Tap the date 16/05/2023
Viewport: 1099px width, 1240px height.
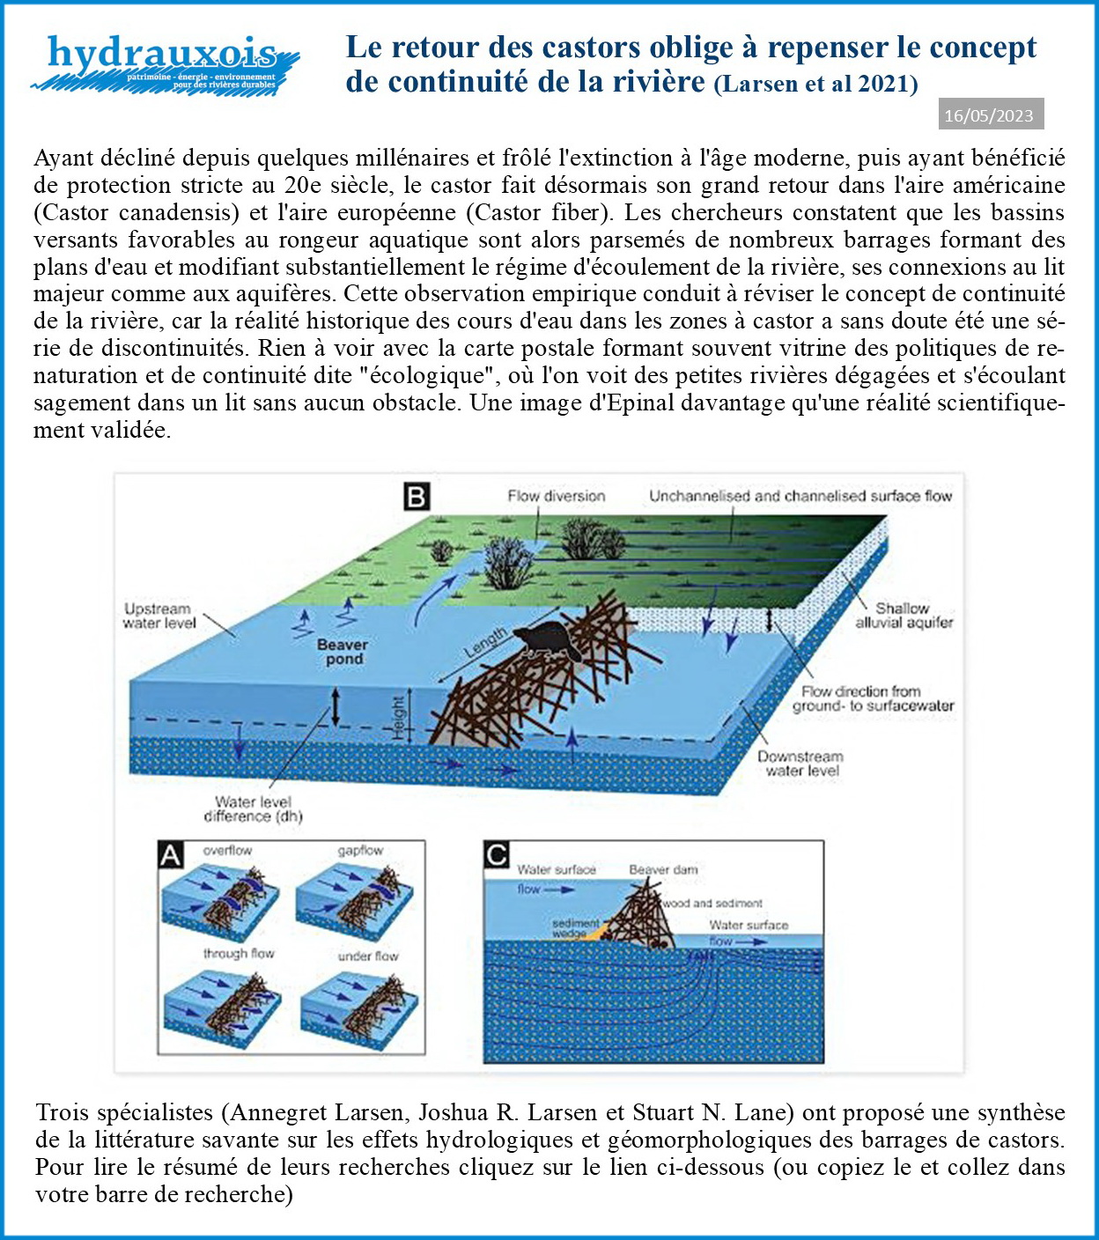click(x=989, y=115)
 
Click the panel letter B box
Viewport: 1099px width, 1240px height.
click(x=416, y=497)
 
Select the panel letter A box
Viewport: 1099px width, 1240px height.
click(x=170, y=853)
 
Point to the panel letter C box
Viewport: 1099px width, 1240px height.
click(x=498, y=853)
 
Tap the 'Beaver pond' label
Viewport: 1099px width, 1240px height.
click(x=343, y=652)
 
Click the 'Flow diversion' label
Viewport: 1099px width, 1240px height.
click(x=556, y=496)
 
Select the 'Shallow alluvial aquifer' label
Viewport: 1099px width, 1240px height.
click(x=904, y=615)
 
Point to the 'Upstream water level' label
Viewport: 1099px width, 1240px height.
click(x=158, y=616)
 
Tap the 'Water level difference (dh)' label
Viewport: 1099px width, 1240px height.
click(x=253, y=808)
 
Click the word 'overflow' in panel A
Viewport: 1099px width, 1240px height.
click(x=227, y=851)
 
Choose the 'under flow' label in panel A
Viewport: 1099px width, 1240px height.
click(x=368, y=956)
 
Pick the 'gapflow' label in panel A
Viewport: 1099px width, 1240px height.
click(x=360, y=851)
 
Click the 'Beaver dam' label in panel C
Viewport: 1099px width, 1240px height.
click(x=663, y=870)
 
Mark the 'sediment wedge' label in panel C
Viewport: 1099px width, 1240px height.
click(x=576, y=927)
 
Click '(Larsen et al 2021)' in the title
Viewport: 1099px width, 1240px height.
click(x=815, y=85)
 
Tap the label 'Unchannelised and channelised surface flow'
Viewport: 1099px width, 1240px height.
click(x=800, y=496)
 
